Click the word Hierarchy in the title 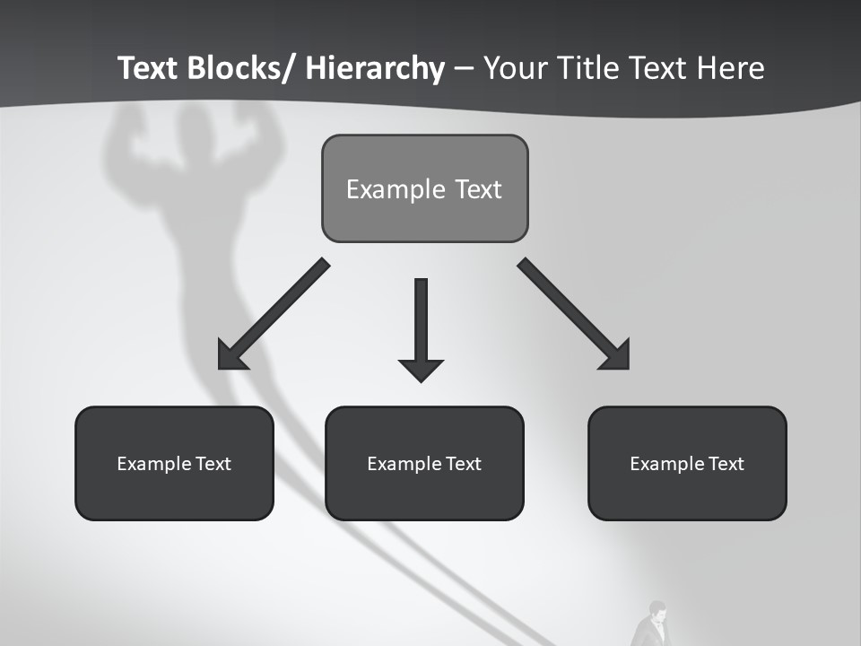tap(375, 69)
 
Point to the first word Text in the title tap(151, 69)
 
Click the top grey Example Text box tap(424, 188)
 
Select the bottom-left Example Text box tap(174, 463)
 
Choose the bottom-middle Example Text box tap(424, 463)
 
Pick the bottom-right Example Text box tap(687, 463)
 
